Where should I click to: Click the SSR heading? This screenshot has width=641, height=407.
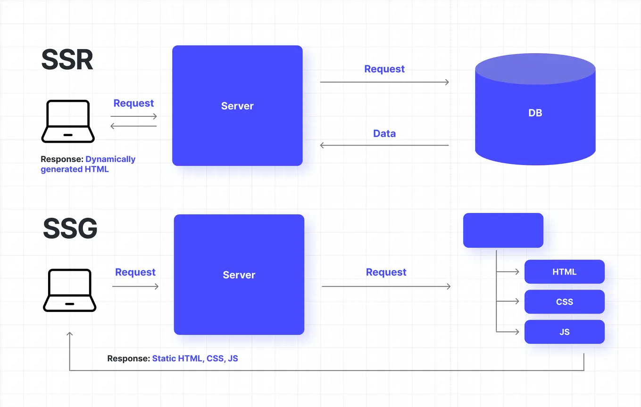coord(67,60)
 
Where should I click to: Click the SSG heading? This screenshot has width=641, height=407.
coord(70,229)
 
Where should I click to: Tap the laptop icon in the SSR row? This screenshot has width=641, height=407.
coord(68,121)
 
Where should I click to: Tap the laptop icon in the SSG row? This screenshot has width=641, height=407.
coord(69,290)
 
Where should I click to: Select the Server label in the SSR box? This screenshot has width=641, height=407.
coord(237,106)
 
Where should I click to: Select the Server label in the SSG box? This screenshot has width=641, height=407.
coord(239,275)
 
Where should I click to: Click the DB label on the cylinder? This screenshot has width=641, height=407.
coord(535,113)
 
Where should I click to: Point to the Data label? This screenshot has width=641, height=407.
coord(384,133)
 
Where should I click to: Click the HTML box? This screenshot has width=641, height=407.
coord(564,272)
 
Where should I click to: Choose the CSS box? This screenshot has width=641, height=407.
coord(564,302)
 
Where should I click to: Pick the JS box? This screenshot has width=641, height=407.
coord(564,332)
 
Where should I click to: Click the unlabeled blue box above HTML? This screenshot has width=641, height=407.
coord(503,230)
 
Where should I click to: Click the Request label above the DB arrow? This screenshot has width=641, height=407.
coord(384,69)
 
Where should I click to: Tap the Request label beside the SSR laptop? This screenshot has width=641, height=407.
coord(133,103)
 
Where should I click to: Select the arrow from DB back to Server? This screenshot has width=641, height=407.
coord(384,145)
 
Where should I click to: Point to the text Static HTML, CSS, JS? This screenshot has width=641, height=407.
coord(195,358)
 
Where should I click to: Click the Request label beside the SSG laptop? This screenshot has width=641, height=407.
coord(135,272)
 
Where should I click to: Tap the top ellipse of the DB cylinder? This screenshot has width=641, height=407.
coord(535,69)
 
